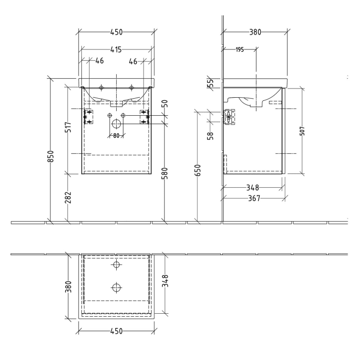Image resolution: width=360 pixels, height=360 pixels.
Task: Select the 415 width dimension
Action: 116,49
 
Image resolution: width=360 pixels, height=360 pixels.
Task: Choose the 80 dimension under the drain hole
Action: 116,136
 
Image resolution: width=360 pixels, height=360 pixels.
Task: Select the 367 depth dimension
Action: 252,197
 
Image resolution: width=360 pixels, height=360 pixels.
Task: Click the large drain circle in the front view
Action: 116,124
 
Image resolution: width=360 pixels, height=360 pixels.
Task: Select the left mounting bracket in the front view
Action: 88,117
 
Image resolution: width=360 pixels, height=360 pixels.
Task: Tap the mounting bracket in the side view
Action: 229,117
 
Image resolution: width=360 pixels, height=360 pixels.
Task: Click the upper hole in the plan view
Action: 117,264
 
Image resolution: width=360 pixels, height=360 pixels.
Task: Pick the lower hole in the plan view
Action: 117,286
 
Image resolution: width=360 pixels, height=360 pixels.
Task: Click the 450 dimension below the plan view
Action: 116,331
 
